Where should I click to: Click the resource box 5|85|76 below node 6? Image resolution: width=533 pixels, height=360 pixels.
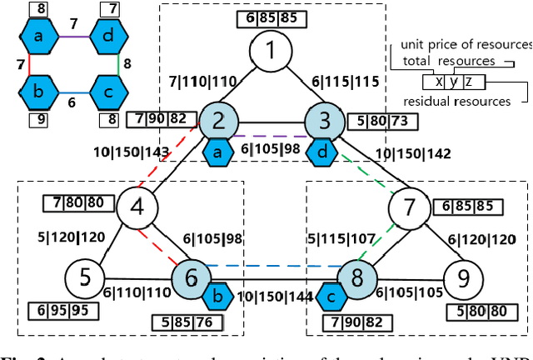[182, 322]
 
